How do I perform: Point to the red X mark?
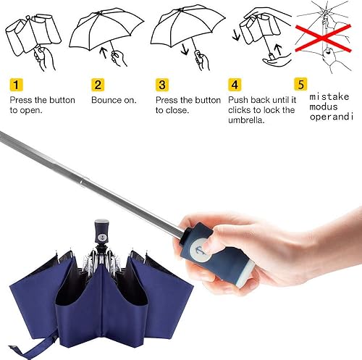(319, 33)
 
